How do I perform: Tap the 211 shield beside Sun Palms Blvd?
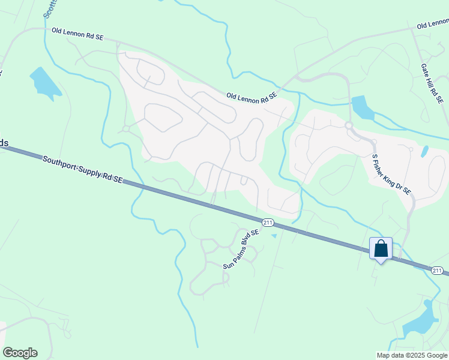(268, 223)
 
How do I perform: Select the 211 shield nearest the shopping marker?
(437, 271)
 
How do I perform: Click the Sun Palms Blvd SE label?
(241, 249)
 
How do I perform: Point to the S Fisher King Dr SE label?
(391, 174)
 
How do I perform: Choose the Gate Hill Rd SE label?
(432, 82)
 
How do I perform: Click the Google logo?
(20, 353)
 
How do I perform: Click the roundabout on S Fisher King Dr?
(348, 125)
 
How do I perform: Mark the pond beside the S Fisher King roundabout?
(361, 107)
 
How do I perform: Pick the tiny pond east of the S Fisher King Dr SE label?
(425, 151)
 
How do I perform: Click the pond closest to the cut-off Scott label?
(44, 82)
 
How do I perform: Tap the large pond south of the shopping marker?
(421, 322)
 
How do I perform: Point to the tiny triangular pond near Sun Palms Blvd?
(274, 236)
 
